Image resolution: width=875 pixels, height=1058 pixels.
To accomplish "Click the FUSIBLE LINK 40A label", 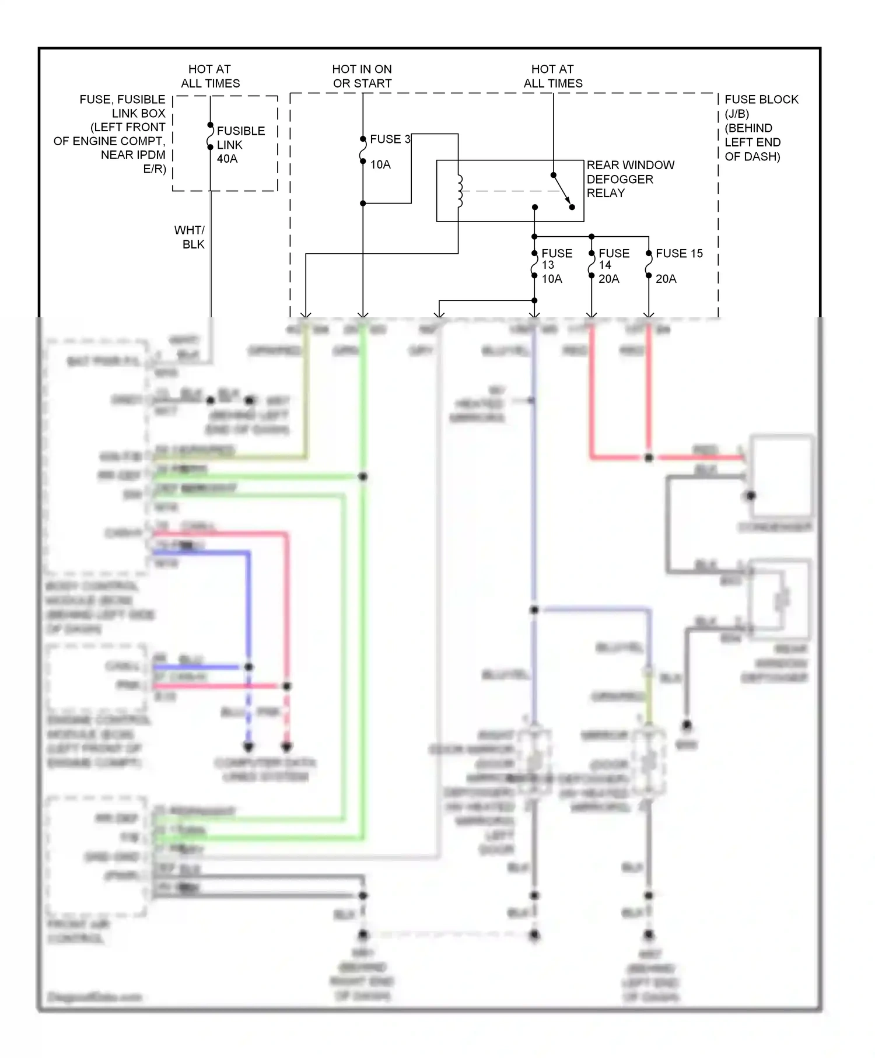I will tap(240, 145).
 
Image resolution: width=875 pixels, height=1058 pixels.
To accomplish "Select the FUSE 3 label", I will tap(390, 139).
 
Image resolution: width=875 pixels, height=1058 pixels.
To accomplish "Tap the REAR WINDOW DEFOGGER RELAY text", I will tap(630, 179).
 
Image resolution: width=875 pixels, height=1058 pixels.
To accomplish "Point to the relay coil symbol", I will tap(460, 191).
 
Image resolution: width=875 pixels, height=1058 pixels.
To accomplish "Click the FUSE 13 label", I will tap(556, 258).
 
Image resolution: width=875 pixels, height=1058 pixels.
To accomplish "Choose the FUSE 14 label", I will tap(614, 258).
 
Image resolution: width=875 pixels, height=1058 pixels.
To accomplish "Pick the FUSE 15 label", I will tap(679, 254).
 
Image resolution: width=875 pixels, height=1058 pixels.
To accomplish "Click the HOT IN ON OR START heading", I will tap(362, 76).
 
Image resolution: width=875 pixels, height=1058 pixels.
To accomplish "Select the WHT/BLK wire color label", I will tap(190, 237).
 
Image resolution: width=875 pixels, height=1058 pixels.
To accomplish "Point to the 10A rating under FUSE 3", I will tap(380, 165).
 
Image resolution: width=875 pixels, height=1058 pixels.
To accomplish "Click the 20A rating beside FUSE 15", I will tap(666, 279).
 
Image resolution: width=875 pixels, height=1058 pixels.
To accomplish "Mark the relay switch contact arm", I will tap(562, 190).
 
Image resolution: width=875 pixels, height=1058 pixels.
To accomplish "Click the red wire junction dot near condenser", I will tap(649, 458).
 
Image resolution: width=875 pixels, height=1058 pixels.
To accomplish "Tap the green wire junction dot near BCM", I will tap(363, 477).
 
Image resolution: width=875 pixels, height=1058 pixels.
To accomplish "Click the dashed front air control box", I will tap(96, 854).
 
